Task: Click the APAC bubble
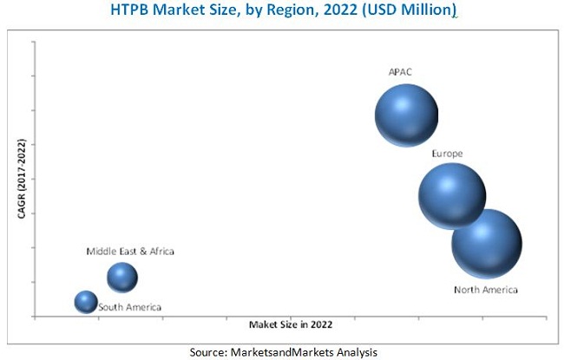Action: [x=405, y=115]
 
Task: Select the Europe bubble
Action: [x=451, y=196]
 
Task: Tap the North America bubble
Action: [x=486, y=244]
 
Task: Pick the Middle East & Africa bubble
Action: [x=122, y=278]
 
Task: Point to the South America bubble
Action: [x=85, y=301]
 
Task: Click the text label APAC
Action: [x=400, y=72]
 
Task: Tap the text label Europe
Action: [x=447, y=154]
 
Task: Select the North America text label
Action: [x=485, y=290]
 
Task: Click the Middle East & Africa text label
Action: [x=129, y=252]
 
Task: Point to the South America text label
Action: [x=129, y=307]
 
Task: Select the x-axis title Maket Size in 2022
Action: [x=290, y=324]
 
